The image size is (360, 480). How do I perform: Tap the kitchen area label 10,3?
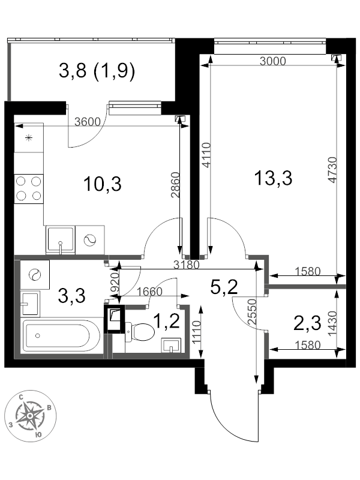pyautogui.click(x=104, y=184)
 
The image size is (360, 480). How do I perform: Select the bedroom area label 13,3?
pyautogui.click(x=273, y=178)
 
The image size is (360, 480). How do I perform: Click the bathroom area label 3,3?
pyautogui.click(x=71, y=295)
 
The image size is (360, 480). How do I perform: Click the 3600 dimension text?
pyautogui.click(x=87, y=122)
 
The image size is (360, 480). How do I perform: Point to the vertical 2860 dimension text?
pyautogui.click(x=175, y=186)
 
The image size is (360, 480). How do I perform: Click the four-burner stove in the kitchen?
pyautogui.click(x=29, y=188)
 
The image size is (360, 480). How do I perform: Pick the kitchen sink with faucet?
pyautogui.click(x=60, y=240)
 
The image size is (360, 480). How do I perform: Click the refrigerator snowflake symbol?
pyautogui.click(x=29, y=139)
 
